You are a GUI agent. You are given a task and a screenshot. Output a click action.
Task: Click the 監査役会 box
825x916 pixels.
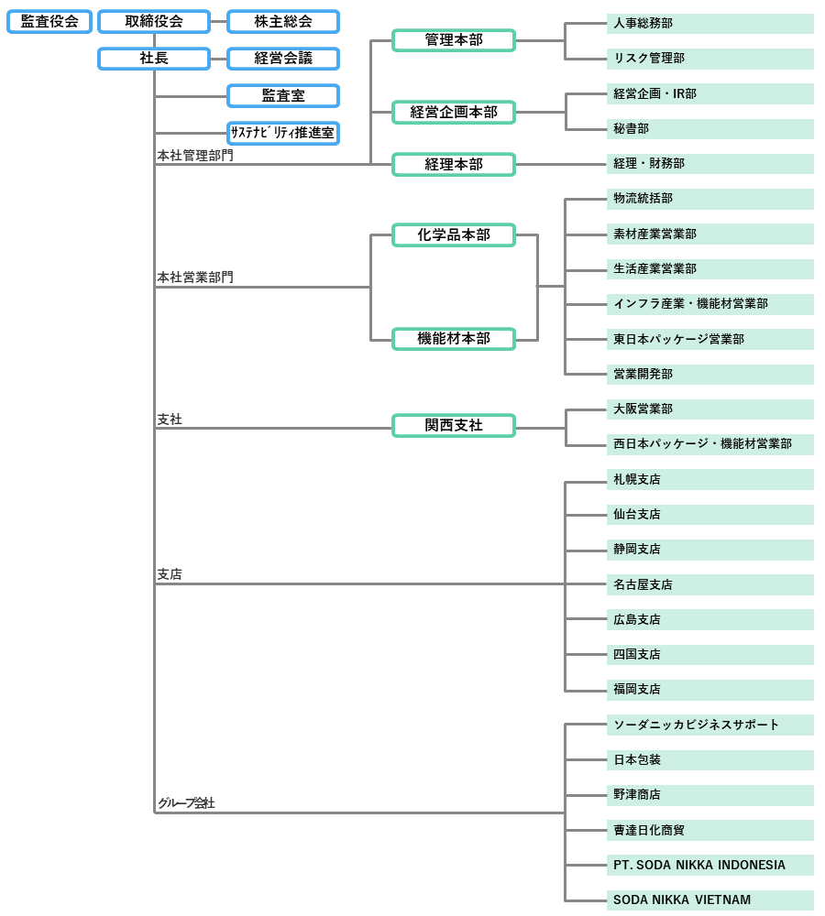[x=49, y=21]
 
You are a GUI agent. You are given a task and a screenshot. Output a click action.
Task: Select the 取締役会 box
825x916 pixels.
[x=154, y=21]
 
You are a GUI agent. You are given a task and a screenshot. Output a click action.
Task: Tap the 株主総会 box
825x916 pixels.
[x=283, y=21]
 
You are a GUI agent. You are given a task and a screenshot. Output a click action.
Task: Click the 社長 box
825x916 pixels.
[x=154, y=59]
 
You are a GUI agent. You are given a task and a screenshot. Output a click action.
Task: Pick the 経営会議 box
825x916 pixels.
[x=283, y=59]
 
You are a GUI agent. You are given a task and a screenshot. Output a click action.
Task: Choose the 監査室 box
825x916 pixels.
[x=283, y=95]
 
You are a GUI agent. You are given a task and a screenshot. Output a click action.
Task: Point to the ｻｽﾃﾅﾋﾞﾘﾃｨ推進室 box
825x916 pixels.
[x=283, y=133]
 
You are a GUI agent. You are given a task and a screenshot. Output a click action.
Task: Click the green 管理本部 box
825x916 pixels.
[x=454, y=39]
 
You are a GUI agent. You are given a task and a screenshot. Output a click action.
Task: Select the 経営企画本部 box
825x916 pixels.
[x=454, y=112]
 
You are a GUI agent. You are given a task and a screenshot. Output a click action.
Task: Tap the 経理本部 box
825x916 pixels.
[x=454, y=164]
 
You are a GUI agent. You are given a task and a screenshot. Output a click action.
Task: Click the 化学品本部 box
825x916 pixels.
[x=454, y=234]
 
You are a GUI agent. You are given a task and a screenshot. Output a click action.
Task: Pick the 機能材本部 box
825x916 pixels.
[x=454, y=338]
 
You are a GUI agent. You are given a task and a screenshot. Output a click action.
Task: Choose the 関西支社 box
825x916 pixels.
[x=454, y=425]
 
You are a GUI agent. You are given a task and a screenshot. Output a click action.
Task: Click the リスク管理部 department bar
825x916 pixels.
[x=710, y=59]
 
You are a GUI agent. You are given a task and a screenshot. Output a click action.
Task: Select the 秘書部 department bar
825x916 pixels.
[x=710, y=129]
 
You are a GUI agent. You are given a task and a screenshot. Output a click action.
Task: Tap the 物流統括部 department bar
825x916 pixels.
[x=710, y=199]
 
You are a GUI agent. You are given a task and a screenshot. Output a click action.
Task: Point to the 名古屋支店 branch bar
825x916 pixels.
[x=710, y=584]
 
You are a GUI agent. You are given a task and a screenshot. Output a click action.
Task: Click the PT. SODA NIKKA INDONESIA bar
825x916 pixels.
[x=710, y=865]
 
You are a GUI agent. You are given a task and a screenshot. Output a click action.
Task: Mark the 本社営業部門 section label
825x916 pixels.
[x=195, y=277]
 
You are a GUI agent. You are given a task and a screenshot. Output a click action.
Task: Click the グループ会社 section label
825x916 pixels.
[x=186, y=802]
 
